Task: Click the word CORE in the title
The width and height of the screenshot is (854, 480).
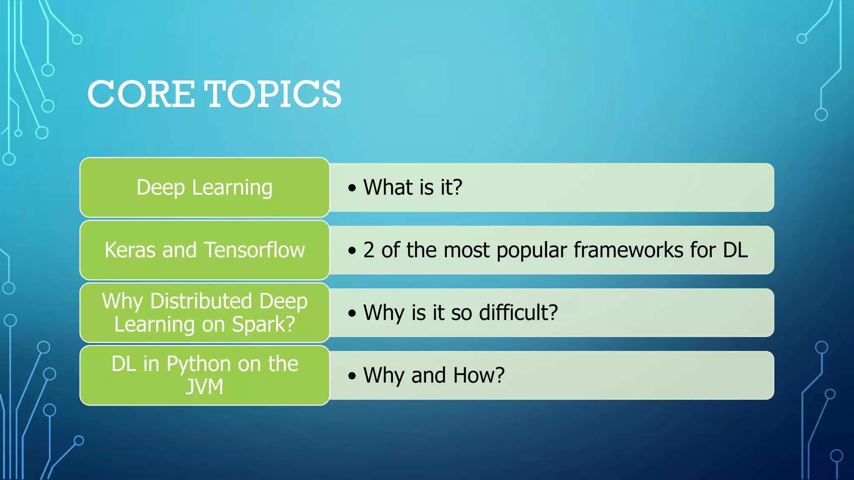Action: [x=141, y=94]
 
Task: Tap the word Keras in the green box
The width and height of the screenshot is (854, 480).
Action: [x=130, y=250]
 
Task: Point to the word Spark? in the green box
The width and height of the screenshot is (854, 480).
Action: [x=263, y=325]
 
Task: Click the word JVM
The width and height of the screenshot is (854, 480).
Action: [x=204, y=387]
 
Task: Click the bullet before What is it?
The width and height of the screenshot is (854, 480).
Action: [x=352, y=187]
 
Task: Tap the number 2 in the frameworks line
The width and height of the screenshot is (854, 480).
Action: [x=369, y=250]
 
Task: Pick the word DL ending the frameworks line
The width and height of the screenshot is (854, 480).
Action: [x=735, y=250]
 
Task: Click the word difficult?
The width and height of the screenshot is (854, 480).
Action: [x=518, y=312]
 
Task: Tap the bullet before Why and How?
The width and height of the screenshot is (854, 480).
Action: [x=352, y=375]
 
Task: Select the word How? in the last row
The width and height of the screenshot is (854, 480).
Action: [x=479, y=375]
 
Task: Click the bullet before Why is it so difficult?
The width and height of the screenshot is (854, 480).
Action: [x=352, y=313]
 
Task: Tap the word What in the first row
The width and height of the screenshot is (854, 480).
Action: [x=388, y=187]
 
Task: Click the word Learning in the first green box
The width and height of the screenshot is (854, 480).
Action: [x=232, y=187]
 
